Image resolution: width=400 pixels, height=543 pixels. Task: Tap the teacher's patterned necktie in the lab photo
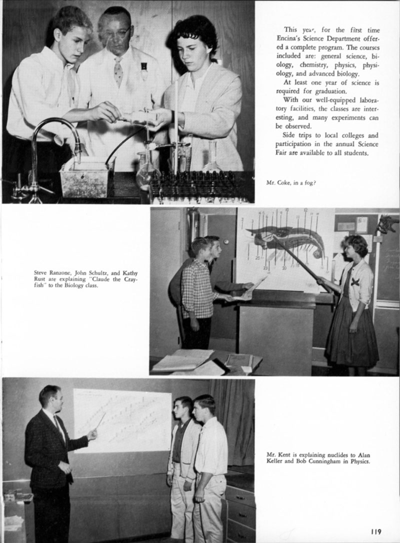tap(118, 71)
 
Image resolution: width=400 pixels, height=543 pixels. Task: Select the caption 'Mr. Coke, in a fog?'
tap(290, 182)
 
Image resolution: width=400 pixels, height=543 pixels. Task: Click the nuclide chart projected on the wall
tap(122, 420)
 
